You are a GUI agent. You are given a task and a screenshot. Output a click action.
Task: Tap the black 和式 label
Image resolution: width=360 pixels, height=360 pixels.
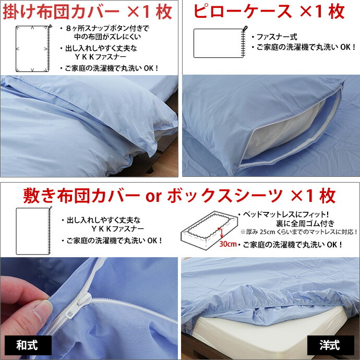coord(27,345)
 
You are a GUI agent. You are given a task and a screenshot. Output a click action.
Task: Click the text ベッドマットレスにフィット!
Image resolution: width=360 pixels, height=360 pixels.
coord(285,214)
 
